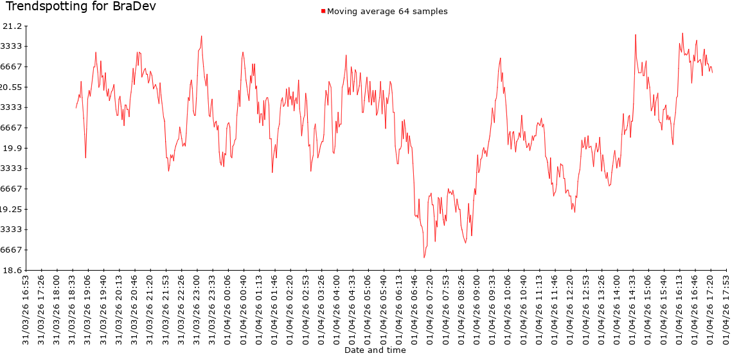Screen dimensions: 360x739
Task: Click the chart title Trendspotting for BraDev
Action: click(x=80, y=7)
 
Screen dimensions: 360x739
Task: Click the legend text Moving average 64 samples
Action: click(x=387, y=11)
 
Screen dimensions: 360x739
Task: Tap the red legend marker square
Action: click(x=324, y=11)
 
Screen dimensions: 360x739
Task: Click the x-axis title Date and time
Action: click(x=375, y=350)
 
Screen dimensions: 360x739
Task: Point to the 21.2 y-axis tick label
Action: click(x=12, y=26)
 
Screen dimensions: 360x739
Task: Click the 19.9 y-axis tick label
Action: click(x=12, y=148)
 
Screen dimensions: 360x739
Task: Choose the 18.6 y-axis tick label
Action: click(x=12, y=270)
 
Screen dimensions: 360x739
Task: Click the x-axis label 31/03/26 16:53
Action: click(x=26, y=307)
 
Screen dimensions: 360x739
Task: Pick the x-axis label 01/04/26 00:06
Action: click(x=227, y=307)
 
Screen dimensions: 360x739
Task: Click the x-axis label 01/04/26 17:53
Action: click(x=725, y=307)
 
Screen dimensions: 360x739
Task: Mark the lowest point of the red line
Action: click(x=424, y=258)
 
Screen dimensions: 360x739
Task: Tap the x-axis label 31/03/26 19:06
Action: click(x=88, y=307)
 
